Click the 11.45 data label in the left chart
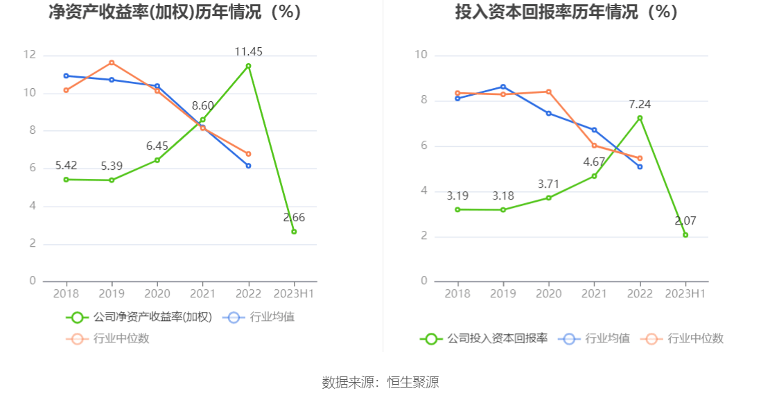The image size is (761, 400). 248,51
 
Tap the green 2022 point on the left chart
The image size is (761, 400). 248,66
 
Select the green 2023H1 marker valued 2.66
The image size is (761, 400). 294,232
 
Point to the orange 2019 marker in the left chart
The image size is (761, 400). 112,62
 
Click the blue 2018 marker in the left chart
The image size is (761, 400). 66,76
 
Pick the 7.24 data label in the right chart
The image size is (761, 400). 640,104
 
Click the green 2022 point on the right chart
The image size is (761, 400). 640,118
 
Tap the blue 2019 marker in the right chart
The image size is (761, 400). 503,87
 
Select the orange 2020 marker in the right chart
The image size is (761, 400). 549,92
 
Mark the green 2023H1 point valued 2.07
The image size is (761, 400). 685,235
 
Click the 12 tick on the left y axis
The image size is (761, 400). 29,55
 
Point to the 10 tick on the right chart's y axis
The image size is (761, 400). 421,55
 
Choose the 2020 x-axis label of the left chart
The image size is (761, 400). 157,293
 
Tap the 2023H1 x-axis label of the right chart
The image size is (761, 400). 685,293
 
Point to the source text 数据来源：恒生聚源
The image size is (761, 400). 380,382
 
